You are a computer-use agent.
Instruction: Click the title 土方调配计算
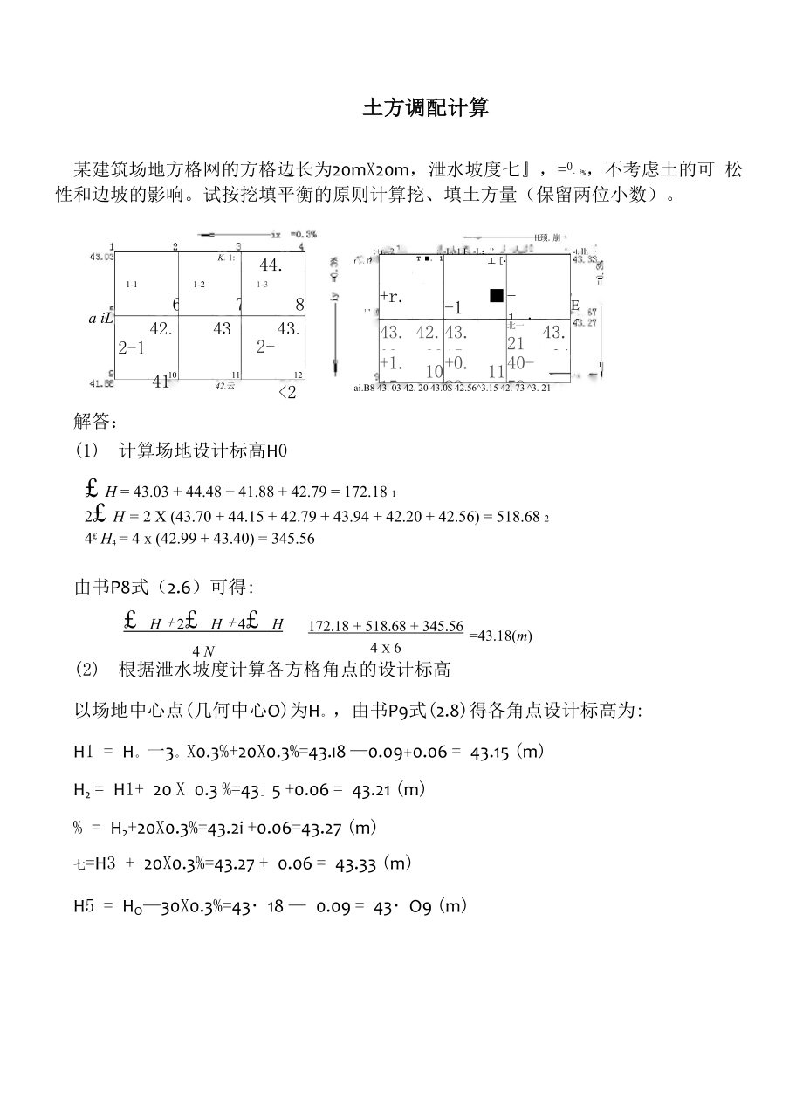(426, 108)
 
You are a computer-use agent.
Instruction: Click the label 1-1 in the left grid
(132, 285)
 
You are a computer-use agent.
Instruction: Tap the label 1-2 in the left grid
(199, 285)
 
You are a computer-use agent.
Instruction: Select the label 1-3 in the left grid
(262, 285)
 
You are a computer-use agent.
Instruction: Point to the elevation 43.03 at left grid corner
(102, 257)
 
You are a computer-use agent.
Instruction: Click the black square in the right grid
(497, 295)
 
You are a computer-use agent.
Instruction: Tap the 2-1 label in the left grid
(131, 348)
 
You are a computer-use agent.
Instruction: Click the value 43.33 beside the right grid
(584, 259)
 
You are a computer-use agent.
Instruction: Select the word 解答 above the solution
(94, 423)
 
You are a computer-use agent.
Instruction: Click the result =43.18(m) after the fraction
(500, 636)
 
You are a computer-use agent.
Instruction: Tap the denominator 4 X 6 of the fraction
(385, 648)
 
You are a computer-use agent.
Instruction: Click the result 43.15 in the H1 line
(490, 752)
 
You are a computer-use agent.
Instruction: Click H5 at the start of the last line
(84, 907)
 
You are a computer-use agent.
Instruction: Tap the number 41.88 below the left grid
(102, 383)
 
